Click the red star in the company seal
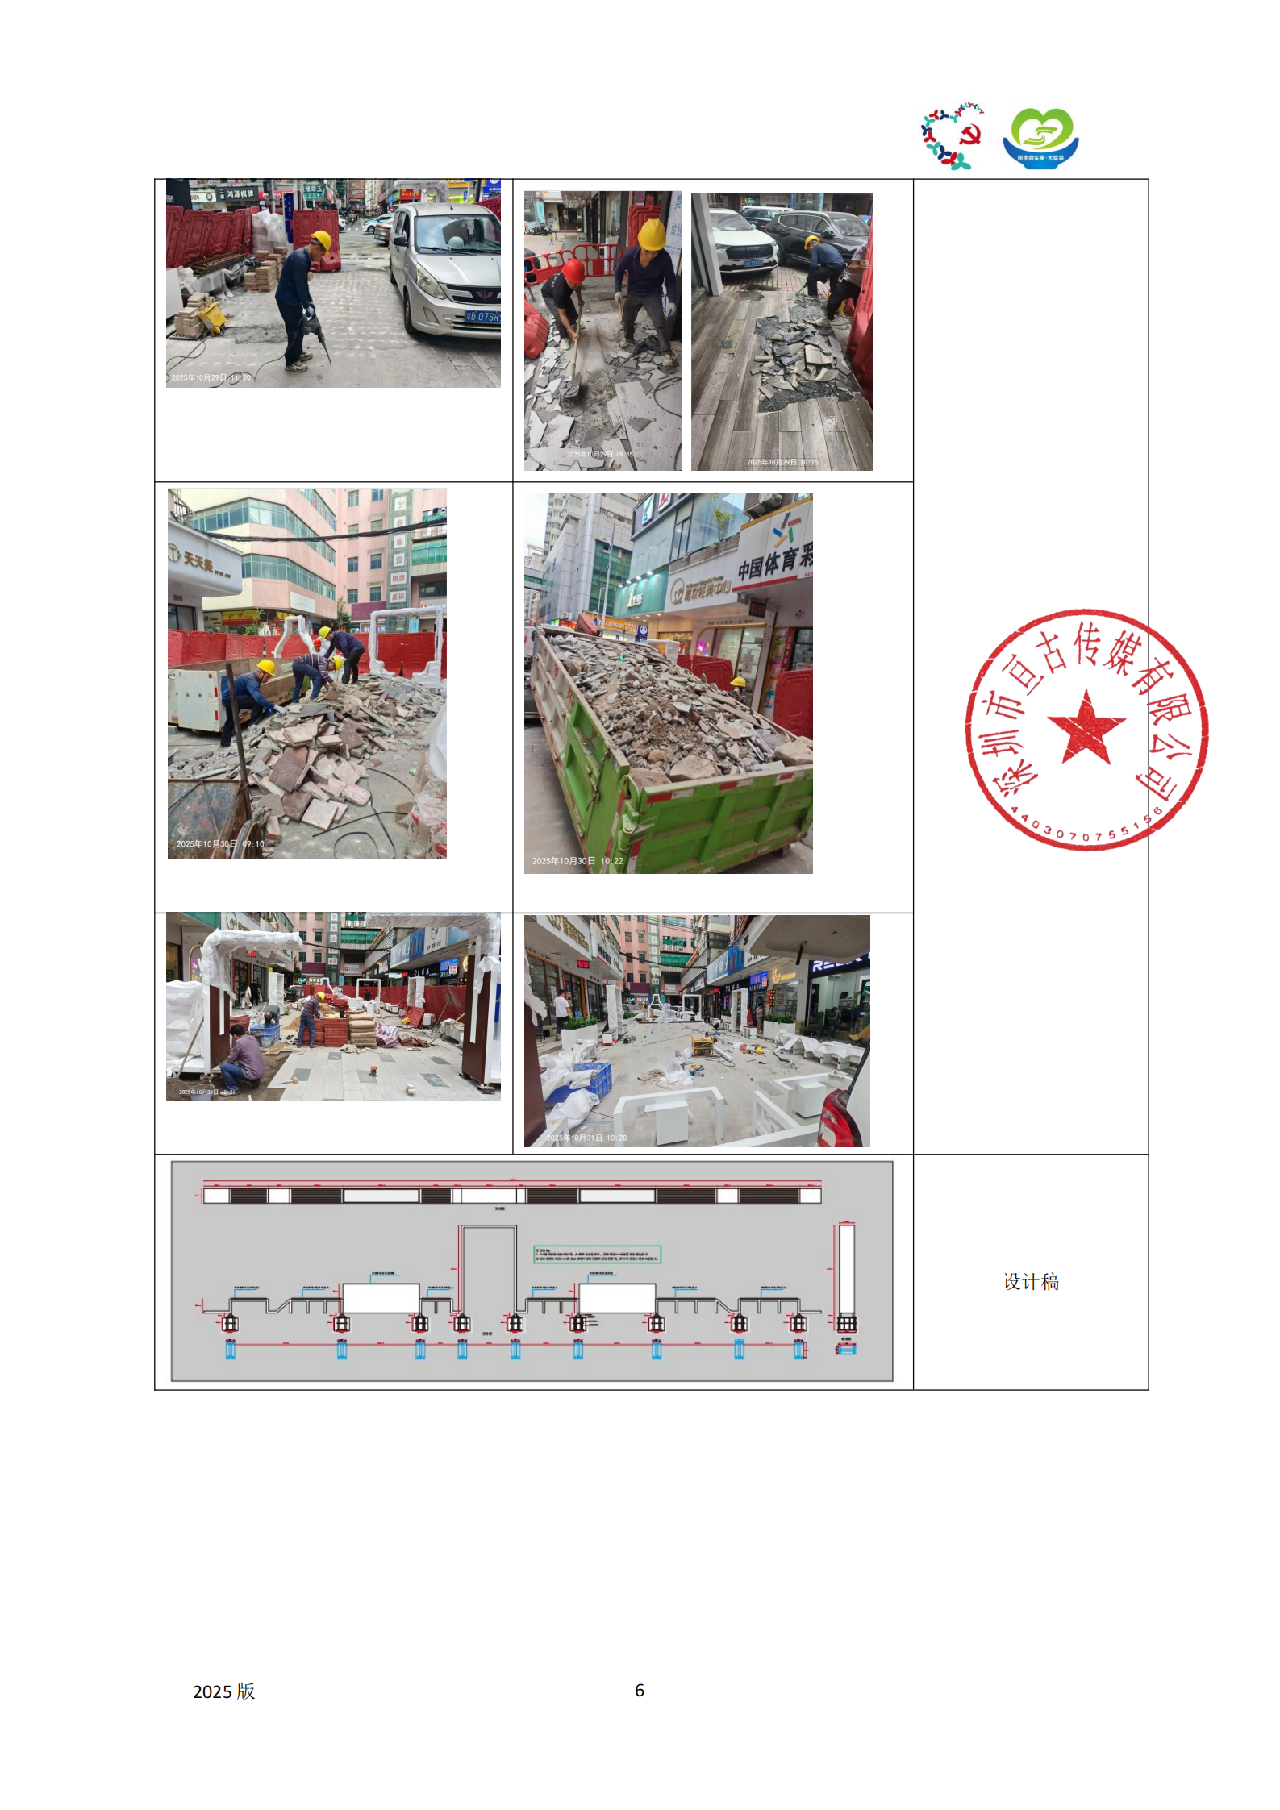click(x=1086, y=727)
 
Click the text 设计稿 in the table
click(x=1030, y=1282)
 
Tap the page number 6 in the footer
click(x=640, y=1691)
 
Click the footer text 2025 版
click(x=223, y=1691)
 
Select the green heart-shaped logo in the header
click(x=1040, y=138)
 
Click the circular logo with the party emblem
click(x=953, y=135)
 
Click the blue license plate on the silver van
click(x=482, y=317)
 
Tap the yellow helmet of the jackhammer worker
click(x=321, y=239)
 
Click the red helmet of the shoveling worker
click(x=573, y=270)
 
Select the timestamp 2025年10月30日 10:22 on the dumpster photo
click(x=577, y=861)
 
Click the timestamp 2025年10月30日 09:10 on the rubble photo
click(x=220, y=844)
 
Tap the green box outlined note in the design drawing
click(x=597, y=1254)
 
